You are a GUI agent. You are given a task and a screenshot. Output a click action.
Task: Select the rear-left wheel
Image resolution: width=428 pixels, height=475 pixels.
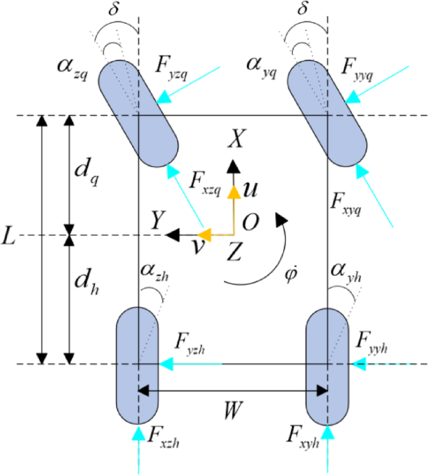[x=138, y=365]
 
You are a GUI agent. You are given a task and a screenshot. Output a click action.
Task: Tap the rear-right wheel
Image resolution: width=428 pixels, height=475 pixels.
[x=327, y=365]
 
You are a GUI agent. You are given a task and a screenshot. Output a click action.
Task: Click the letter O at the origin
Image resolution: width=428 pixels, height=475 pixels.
[x=252, y=221]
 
